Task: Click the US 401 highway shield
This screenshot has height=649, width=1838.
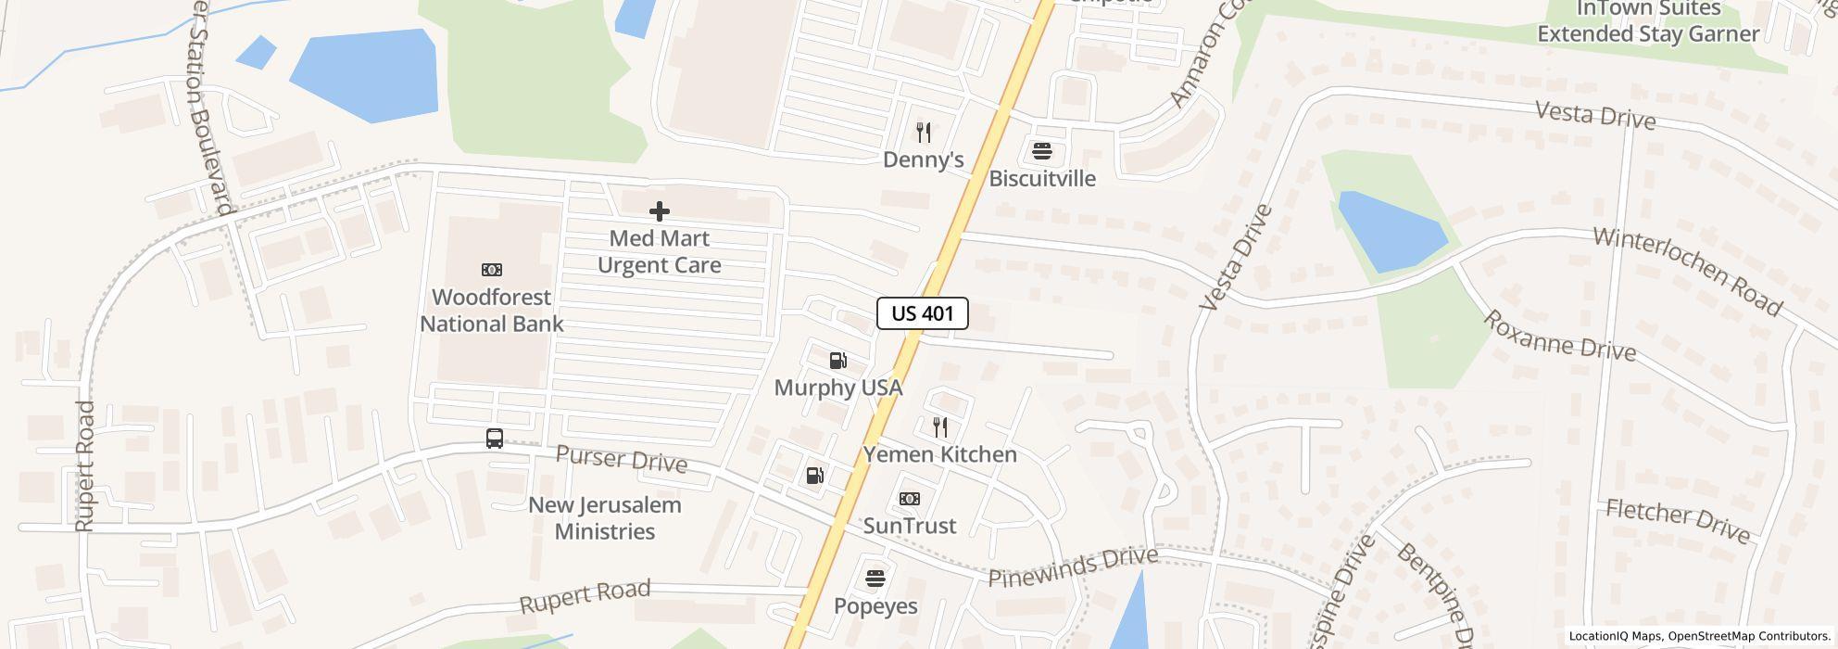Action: tap(922, 313)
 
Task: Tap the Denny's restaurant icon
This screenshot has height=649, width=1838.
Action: tap(923, 133)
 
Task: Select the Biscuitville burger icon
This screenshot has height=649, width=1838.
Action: tap(1042, 152)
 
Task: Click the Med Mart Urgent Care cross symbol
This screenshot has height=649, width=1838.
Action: tap(659, 211)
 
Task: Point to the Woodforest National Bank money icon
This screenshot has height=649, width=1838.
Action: tap(492, 270)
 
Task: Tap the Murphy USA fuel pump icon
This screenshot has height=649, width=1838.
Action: tap(837, 361)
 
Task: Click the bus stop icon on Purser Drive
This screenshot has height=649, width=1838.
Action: tap(495, 439)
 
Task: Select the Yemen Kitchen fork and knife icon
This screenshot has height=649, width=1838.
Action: tap(940, 427)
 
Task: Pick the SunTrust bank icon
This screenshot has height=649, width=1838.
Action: tap(910, 499)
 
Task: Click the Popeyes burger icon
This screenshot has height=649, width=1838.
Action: tap(875, 579)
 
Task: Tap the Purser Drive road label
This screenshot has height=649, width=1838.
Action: tap(622, 460)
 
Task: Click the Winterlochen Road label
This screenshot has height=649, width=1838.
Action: tap(1687, 272)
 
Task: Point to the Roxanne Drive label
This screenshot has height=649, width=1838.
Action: tap(1559, 336)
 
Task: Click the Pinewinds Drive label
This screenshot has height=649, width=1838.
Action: tap(1073, 566)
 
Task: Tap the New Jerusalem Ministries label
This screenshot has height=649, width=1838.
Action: tap(605, 518)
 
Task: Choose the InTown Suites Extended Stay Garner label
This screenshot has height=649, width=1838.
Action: tap(1648, 21)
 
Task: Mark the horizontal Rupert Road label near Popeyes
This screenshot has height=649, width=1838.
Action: tap(585, 595)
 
